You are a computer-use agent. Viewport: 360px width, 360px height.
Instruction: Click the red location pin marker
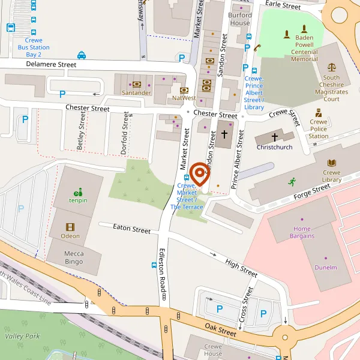pyautogui.click(x=199, y=174)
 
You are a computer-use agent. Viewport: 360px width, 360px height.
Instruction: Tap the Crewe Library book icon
pyautogui.click(x=331, y=163)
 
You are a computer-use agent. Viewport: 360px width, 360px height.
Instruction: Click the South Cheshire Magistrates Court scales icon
pyautogui.click(x=331, y=68)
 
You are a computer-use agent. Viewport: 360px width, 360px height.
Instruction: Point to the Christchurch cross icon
pyautogui.click(x=274, y=137)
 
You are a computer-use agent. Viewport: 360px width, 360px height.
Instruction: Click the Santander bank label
pyautogui.click(x=136, y=93)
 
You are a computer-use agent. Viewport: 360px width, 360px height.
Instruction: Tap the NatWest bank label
pyautogui.click(x=184, y=97)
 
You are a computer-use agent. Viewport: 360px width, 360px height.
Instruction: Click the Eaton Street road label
pyautogui.click(x=132, y=229)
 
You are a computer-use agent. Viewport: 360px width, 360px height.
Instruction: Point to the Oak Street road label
pyautogui.click(x=220, y=330)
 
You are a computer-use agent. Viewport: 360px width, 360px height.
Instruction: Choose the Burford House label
pyautogui.click(x=240, y=19)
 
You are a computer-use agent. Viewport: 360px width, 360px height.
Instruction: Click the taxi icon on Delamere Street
pyautogui.click(x=82, y=55)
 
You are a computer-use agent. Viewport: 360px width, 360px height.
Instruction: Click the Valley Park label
pyautogui.click(x=22, y=336)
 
